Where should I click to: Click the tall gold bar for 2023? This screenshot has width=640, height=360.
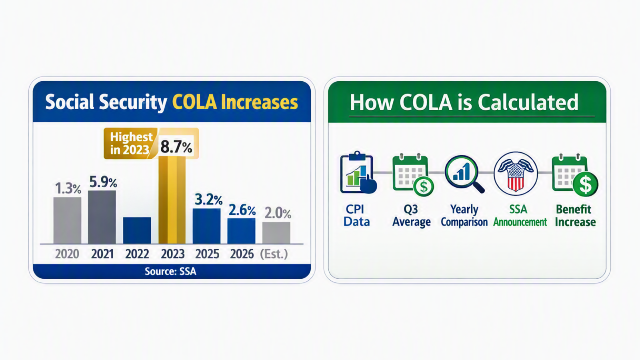pyautogui.click(x=172, y=200)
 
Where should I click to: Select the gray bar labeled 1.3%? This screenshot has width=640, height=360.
pyautogui.click(x=67, y=220)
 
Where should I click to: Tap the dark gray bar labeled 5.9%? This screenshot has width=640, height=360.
pyautogui.click(x=102, y=217)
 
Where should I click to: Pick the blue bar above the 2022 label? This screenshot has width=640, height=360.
pyautogui.click(x=137, y=230)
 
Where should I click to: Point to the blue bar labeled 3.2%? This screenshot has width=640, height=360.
pyautogui.click(x=206, y=226)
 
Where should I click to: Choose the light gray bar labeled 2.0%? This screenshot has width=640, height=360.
pyautogui.click(x=276, y=233)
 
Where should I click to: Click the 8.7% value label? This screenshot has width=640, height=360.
pyautogui.click(x=176, y=147)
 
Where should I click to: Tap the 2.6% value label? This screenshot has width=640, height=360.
pyautogui.click(x=242, y=210)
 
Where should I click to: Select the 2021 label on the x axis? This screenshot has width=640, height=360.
pyautogui.click(x=102, y=254)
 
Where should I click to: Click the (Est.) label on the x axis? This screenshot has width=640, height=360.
pyautogui.click(x=274, y=254)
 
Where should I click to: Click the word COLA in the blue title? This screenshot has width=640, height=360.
pyautogui.click(x=194, y=102)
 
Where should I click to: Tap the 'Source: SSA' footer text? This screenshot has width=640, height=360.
pyautogui.click(x=170, y=271)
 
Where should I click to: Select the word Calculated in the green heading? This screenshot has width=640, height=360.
pyautogui.click(x=528, y=102)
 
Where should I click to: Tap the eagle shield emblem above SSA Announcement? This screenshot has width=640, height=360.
pyautogui.click(x=516, y=174)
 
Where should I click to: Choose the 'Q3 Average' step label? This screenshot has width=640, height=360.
pyautogui.click(x=411, y=216)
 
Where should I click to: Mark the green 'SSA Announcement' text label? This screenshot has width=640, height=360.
pyautogui.click(x=520, y=216)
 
